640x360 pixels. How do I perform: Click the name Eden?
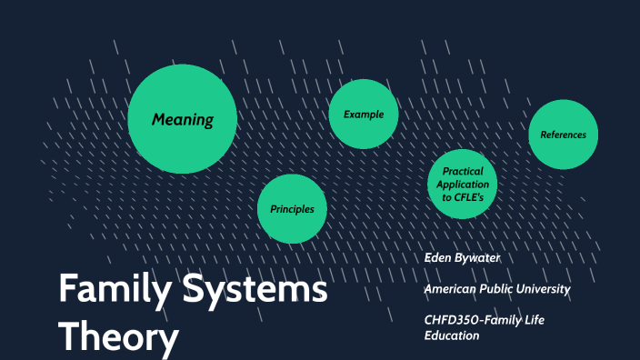pos(440,257)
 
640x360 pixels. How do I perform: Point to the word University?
pos(540,289)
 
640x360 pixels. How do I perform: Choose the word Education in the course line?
pos(452,335)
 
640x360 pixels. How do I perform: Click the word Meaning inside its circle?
pos(182,119)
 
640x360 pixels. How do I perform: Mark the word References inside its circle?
pos(563,135)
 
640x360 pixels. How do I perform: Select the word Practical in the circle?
pos(462,172)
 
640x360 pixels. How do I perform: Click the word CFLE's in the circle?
pos(475,196)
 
